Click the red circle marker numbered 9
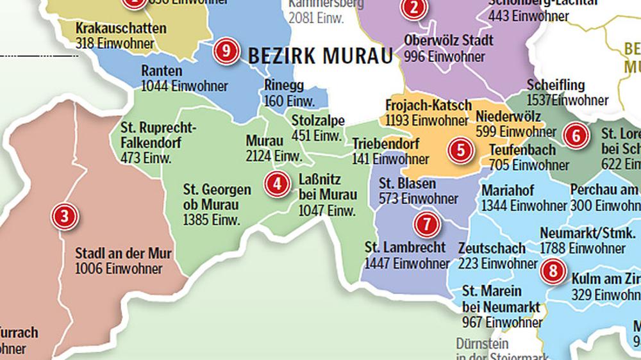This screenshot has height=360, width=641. (226, 51)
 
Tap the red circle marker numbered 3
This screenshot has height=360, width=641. (64, 217)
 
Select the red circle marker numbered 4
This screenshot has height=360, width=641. (277, 184)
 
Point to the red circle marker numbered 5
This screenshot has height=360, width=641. (460, 151)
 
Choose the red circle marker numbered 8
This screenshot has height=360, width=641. (552, 271)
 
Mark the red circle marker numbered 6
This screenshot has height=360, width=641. (576, 136)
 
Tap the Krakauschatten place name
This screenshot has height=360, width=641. (121, 29)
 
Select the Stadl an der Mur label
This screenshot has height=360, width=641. (123, 254)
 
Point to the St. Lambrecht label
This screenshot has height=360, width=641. (405, 248)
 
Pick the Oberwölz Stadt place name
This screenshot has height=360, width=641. (449, 40)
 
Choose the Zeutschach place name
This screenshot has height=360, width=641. (492, 248)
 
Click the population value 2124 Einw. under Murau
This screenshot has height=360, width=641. (274, 156)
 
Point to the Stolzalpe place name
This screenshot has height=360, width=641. (318, 120)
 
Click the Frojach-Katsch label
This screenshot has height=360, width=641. (429, 104)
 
